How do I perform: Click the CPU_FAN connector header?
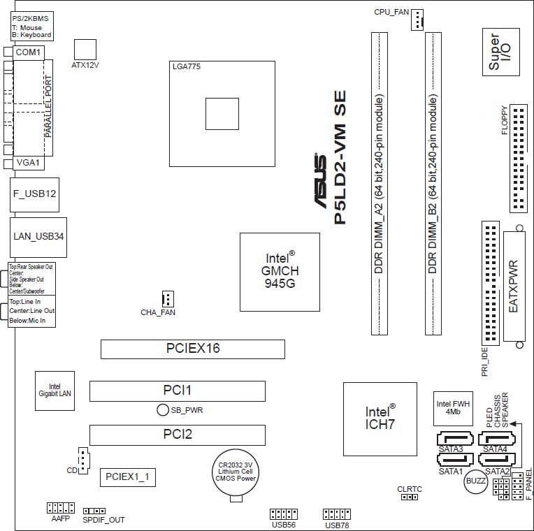(417, 20)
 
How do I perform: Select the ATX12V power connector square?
(85, 50)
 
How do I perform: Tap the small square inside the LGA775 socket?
(222, 114)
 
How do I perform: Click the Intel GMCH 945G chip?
(280, 272)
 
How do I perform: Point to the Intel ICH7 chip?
(380, 419)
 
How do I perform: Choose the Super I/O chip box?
(501, 52)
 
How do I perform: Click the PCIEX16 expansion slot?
(193, 349)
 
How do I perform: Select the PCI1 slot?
(178, 391)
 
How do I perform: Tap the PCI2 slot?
(178, 435)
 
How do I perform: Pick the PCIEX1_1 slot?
(128, 477)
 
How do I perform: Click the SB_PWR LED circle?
(163, 410)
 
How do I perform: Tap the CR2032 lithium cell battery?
(236, 472)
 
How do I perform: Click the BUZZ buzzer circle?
(476, 481)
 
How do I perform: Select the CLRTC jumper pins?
(410, 497)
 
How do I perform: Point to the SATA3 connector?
(455, 438)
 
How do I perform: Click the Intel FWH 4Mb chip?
(453, 409)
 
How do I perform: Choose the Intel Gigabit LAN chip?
(55, 391)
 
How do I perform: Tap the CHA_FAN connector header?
(168, 299)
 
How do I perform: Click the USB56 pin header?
(284, 514)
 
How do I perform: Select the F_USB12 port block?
(34, 195)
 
